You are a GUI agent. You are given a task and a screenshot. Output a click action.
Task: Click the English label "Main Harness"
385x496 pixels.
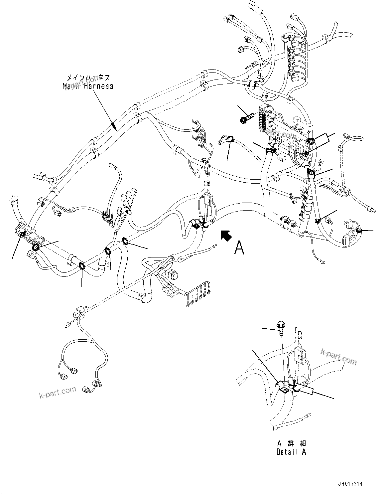tap(88, 86)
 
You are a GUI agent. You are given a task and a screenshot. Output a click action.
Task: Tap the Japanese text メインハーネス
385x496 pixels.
tap(88, 78)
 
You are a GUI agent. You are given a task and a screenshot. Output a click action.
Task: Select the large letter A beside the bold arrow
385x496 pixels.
tap(239, 248)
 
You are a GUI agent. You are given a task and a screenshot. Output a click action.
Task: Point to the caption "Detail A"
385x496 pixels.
tap(291, 452)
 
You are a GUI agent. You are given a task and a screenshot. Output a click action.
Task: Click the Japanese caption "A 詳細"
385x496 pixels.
tap(291, 443)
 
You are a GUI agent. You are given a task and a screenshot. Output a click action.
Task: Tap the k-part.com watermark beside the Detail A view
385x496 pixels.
tap(338, 356)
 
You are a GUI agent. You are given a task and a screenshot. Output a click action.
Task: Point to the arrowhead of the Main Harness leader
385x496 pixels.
tap(113, 127)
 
